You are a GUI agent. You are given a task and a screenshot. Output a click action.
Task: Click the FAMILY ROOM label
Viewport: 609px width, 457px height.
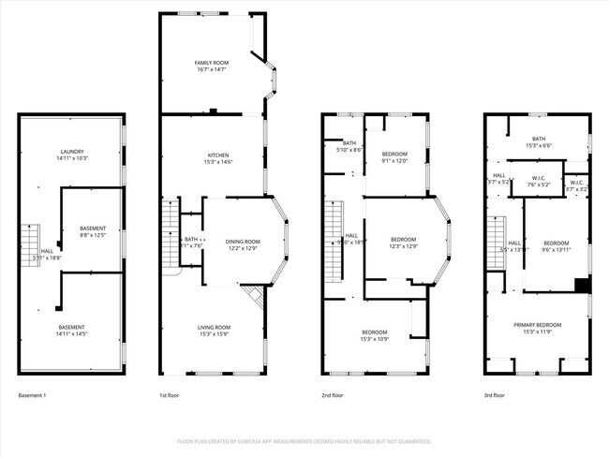211,63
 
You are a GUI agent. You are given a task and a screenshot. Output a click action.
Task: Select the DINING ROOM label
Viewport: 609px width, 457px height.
243,242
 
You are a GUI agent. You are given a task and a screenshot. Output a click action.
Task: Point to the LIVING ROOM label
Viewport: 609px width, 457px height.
214,327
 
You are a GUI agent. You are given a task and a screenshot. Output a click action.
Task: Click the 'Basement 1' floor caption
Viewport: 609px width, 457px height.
32,395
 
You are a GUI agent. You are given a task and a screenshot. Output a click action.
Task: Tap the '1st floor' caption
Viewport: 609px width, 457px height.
169,395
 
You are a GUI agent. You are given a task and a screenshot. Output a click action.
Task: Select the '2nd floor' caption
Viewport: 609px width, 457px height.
332,395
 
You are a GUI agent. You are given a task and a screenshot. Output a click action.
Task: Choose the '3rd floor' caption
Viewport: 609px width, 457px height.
494,395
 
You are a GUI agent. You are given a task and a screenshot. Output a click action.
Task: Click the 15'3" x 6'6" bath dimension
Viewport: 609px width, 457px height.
538,145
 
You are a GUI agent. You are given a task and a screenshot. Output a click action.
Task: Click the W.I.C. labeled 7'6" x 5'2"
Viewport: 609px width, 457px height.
538,184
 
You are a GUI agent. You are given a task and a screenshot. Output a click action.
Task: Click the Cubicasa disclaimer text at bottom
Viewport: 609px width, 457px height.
304,440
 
